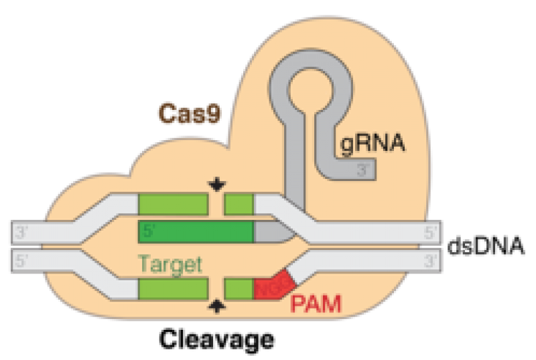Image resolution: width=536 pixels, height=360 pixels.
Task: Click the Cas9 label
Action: tap(189, 113)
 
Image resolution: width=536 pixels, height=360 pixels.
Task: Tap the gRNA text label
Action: tap(374, 143)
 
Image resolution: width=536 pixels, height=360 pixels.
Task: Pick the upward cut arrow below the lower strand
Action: tap(216, 306)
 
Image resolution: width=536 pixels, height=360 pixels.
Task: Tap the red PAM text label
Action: tap(316, 306)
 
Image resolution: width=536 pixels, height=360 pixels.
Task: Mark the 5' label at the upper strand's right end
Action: tap(431, 232)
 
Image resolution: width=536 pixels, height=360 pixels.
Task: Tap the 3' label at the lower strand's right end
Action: tap(431, 261)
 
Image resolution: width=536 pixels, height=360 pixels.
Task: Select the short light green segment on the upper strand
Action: tap(239, 204)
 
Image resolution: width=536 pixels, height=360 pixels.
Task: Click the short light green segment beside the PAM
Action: tap(239, 290)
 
